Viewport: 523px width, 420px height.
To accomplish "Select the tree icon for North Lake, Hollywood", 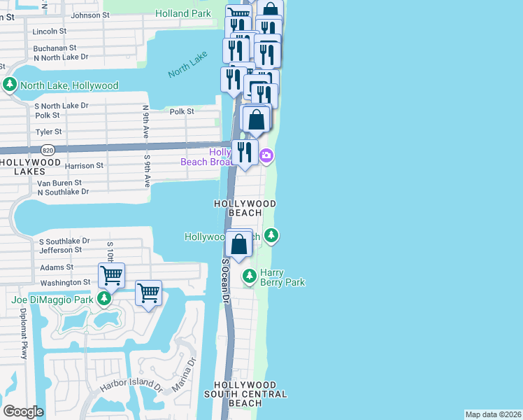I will point(10,85).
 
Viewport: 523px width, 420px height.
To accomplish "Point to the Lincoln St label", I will point(50,31).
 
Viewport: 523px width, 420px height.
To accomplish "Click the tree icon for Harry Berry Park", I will point(249,277).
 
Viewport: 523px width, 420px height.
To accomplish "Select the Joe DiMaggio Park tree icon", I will point(104,300).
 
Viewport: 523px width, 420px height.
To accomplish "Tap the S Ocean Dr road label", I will point(225,279).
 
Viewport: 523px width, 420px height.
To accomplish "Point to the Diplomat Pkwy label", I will point(23,333).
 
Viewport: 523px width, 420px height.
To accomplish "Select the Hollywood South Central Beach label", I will point(250,394).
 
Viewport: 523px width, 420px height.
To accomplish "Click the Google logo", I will point(23,411).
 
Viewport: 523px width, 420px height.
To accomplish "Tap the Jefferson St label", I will point(61,250).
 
